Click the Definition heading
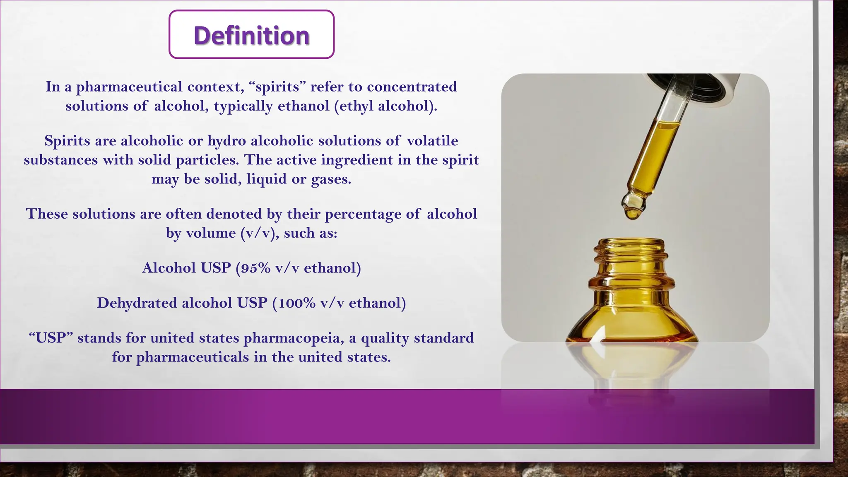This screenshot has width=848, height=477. point(251,35)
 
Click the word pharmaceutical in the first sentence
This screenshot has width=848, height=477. point(129,87)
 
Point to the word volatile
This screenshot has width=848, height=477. point(432,141)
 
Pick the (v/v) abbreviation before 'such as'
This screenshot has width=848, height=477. point(260,233)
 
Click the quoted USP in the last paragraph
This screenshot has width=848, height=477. point(51,338)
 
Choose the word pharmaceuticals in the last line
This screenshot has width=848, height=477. point(193,357)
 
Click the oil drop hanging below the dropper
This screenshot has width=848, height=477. point(633,213)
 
